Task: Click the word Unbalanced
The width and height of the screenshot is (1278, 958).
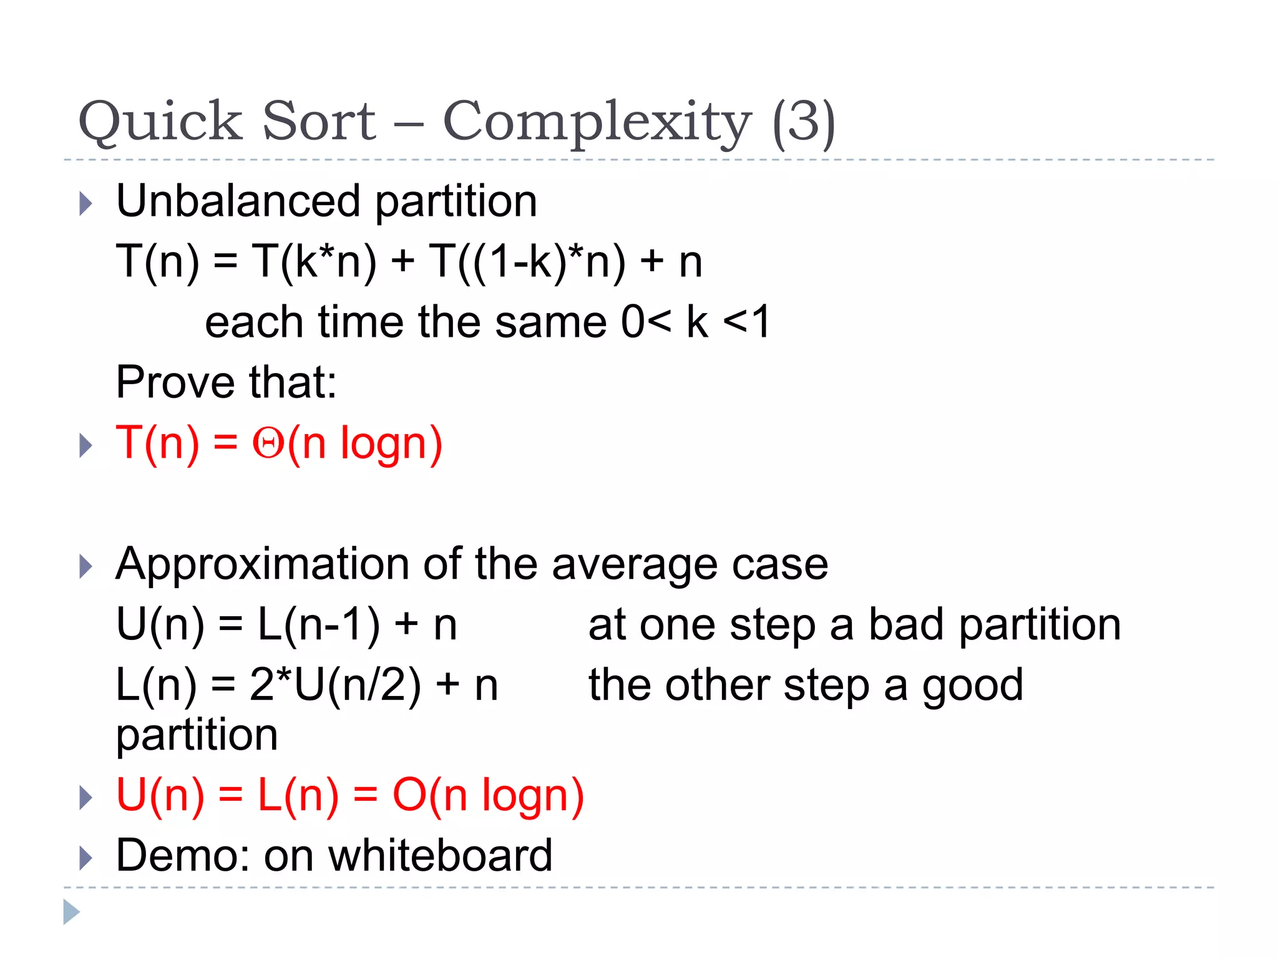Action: click(x=238, y=201)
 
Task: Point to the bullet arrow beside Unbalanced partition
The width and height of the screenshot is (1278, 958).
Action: click(x=86, y=203)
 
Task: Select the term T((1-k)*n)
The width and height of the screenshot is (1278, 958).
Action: click(x=527, y=261)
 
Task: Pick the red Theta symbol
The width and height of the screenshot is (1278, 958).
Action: click(x=268, y=443)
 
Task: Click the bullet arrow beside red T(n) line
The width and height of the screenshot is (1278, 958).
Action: click(x=86, y=445)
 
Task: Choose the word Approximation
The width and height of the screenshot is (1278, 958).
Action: click(x=262, y=564)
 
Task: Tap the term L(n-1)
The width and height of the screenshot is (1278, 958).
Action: click(x=319, y=624)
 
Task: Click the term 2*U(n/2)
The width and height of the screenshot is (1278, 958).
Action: click(x=335, y=685)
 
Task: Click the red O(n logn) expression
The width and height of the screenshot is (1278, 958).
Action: click(x=488, y=795)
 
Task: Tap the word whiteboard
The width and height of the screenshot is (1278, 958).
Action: click(x=441, y=855)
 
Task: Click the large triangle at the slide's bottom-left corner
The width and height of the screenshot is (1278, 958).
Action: click(x=71, y=912)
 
